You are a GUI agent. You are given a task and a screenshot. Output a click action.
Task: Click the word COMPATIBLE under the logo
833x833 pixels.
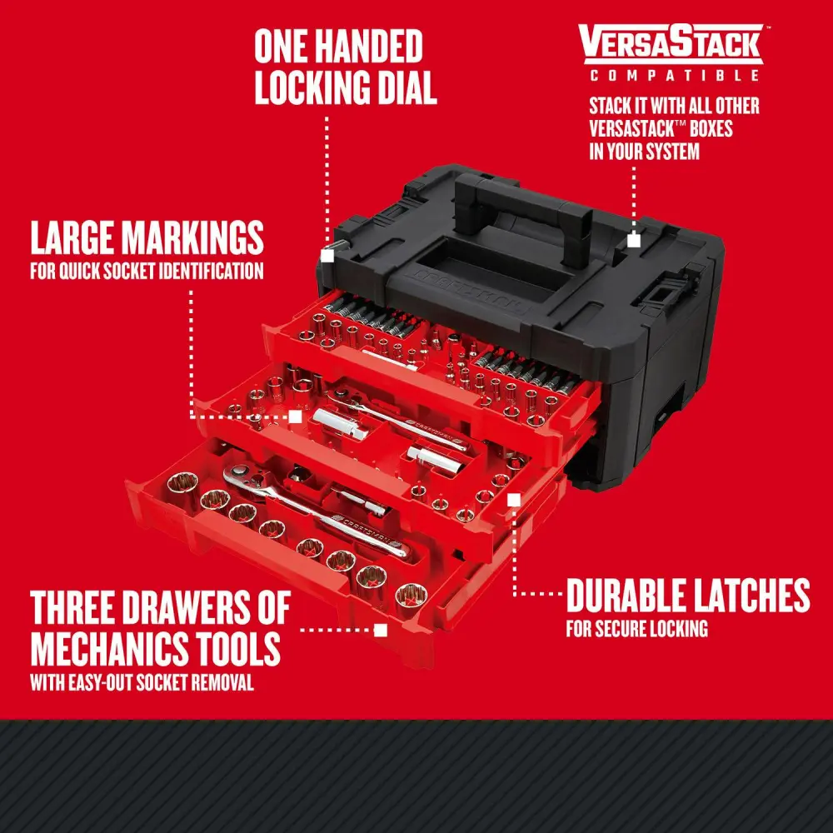(675, 76)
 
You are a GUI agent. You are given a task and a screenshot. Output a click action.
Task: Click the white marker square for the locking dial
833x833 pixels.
(327, 257)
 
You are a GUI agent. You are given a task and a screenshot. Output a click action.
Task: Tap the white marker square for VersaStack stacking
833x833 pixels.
(634, 241)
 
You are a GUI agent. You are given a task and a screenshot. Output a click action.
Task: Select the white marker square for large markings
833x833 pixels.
(295, 416)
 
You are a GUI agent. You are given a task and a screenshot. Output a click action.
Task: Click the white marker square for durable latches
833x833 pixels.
(514, 499)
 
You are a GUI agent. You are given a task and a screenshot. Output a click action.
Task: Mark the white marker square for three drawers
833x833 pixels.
(381, 631)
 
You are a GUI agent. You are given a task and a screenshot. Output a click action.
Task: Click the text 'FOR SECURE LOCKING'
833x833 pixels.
(636, 629)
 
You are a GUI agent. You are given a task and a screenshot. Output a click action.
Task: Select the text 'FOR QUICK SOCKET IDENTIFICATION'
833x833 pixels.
(147, 272)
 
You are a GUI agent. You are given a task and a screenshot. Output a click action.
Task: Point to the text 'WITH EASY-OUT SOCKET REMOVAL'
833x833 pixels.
(142, 685)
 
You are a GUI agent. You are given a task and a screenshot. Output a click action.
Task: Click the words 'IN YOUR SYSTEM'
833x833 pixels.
(644, 152)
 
